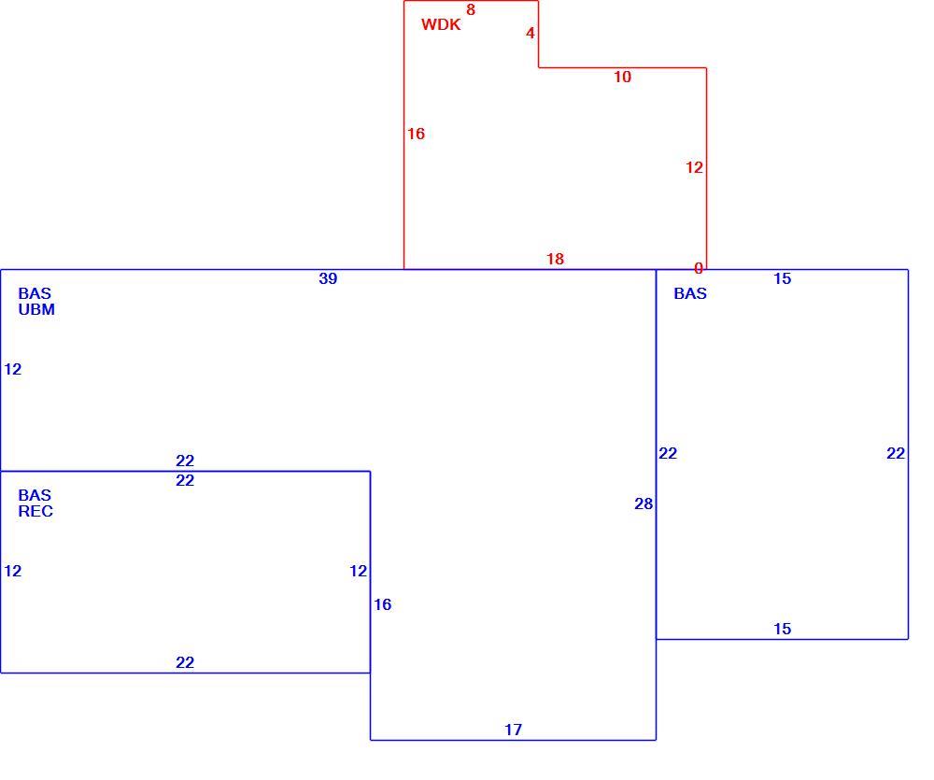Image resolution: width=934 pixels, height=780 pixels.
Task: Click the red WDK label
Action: pyautogui.click(x=441, y=24)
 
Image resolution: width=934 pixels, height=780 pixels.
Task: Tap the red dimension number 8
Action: pyautogui.click(x=471, y=9)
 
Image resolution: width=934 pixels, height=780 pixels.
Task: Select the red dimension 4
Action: pyautogui.click(x=531, y=34)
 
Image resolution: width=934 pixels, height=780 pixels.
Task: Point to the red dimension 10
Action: pyautogui.click(x=622, y=77)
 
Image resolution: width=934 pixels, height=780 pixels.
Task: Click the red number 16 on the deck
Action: pyautogui.click(x=416, y=134)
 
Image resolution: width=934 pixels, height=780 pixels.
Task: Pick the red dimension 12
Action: pyautogui.click(x=694, y=167)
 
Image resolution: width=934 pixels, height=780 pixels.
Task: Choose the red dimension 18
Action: pyautogui.click(x=555, y=259)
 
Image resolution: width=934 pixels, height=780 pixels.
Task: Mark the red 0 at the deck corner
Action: pyautogui.click(x=699, y=269)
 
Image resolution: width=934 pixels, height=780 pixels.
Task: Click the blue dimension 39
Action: pyautogui.click(x=328, y=278)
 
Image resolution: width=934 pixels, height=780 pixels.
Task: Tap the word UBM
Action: pyautogui.click(x=36, y=310)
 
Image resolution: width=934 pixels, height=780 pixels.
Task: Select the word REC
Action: pyautogui.click(x=35, y=511)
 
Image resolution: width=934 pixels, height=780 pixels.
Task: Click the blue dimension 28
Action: pyautogui.click(x=644, y=504)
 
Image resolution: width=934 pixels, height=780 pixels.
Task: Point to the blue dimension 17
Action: pyautogui.click(x=514, y=730)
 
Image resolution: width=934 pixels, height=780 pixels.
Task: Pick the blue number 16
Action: pyautogui.click(x=382, y=604)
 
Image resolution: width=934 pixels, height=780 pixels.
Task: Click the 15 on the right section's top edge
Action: pyautogui.click(x=782, y=278)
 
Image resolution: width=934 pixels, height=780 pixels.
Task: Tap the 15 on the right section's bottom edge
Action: pyautogui.click(x=782, y=629)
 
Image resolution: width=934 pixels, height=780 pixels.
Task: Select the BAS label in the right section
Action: pyautogui.click(x=690, y=293)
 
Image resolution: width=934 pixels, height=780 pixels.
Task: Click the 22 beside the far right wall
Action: pyautogui.click(x=896, y=453)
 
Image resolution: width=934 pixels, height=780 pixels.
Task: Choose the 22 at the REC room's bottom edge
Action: pyautogui.click(x=185, y=662)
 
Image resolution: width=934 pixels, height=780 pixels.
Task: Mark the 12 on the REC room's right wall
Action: pyautogui.click(x=358, y=571)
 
